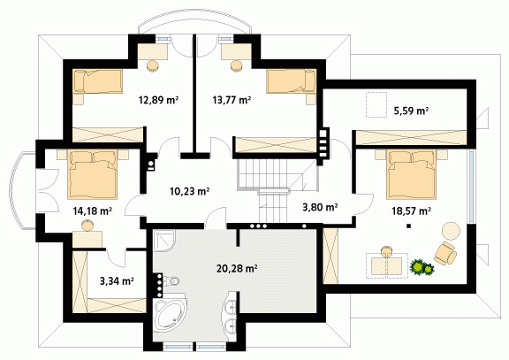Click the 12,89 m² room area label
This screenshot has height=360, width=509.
click(159, 100)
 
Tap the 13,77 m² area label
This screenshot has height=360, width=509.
click(232, 100)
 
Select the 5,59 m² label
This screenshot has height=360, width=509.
click(411, 111)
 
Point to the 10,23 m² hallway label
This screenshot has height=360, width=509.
click(189, 191)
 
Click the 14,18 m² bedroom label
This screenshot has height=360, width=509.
click(93, 211)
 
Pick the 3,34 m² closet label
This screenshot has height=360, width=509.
click(117, 280)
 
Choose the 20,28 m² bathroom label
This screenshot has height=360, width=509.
click(237, 269)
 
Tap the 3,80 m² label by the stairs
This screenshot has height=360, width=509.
click(321, 207)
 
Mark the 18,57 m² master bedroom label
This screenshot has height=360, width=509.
click(411, 211)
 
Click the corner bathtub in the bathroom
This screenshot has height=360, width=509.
click(170, 313)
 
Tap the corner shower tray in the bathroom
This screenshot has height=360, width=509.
click(164, 241)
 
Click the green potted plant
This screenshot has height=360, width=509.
click(422, 267)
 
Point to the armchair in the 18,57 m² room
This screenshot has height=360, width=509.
click(445, 253)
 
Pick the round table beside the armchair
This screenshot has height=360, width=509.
click(451, 231)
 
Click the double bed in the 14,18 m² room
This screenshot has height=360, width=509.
click(93, 174)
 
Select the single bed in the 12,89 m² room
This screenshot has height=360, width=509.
click(98, 81)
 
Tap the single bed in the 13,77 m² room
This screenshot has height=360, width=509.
click(292, 81)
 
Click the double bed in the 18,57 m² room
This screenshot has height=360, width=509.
click(411, 174)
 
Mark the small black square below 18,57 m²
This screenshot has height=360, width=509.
click(409, 226)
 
